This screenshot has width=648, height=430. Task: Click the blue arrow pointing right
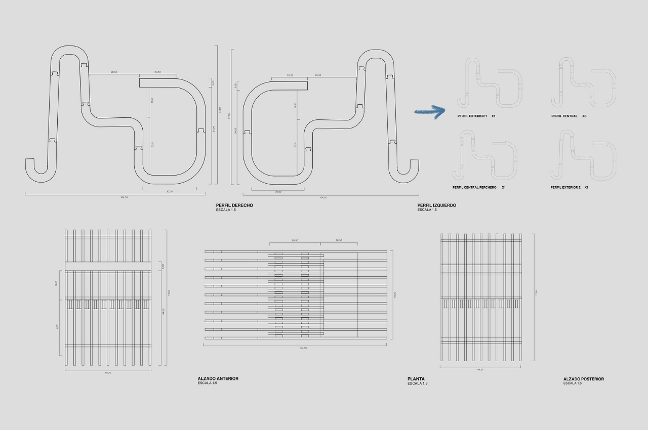(429, 111)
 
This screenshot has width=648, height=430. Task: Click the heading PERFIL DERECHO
(234, 205)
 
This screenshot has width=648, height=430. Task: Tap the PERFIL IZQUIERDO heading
(436, 205)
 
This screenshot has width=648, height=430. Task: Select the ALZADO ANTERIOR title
(218, 378)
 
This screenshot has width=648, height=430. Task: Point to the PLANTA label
(416, 379)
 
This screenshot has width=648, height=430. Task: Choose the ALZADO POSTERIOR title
(583, 379)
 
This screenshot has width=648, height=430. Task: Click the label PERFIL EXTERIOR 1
(472, 116)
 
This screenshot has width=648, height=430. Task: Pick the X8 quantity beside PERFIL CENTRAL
(584, 116)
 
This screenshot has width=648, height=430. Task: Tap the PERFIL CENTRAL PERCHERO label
(474, 188)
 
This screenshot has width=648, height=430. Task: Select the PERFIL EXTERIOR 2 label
(565, 188)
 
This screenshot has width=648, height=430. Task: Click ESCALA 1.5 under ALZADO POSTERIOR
(573, 383)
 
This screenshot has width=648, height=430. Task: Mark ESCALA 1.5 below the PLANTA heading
(417, 383)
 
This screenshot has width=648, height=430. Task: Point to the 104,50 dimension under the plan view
(303, 348)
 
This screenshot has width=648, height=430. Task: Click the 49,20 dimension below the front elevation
(108, 373)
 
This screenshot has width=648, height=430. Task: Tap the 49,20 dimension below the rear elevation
(480, 370)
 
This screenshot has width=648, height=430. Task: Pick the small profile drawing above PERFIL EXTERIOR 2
(583, 155)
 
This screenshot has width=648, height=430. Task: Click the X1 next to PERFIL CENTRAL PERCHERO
(504, 188)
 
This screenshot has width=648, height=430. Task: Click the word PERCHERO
(487, 188)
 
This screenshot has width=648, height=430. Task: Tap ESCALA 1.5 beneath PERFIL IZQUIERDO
(427, 210)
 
